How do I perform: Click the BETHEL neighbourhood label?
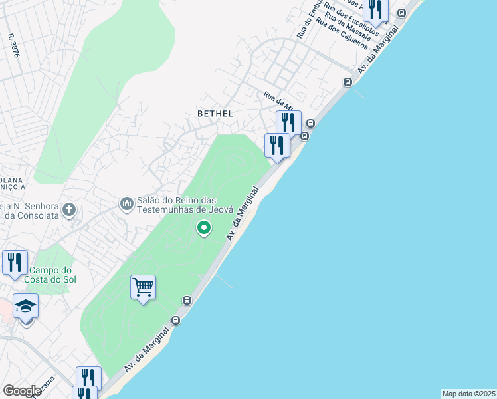pos(215,114)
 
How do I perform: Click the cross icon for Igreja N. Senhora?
pos(68,211)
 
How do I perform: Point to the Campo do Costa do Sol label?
pos(50,275)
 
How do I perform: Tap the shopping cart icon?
pos(143,287)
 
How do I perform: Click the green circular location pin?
pos(204,228)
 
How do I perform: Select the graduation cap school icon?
pos(25,306)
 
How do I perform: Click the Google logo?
pos(21,390)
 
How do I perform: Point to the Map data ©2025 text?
pos(468,394)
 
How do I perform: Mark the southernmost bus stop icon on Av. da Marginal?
pos(175,321)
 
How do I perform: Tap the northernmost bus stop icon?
pos(401,13)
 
